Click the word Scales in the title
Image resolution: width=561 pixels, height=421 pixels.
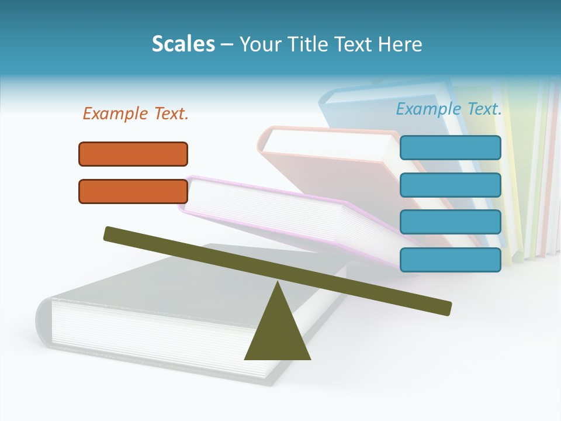click(183, 44)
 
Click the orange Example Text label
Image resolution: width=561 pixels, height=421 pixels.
click(136, 114)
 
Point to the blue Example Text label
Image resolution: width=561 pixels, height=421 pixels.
click(449, 109)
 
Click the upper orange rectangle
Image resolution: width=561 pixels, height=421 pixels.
click(133, 154)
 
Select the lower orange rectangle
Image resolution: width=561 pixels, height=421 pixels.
click(133, 191)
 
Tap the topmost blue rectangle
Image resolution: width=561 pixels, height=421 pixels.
click(450, 147)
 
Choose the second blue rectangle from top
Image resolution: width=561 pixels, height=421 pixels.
click(450, 185)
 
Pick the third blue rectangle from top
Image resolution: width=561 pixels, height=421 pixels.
click(450, 222)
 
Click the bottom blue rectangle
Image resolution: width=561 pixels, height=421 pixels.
click(450, 260)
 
